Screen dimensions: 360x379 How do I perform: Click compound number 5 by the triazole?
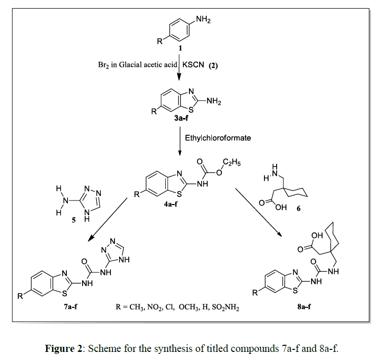coord(74,220)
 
